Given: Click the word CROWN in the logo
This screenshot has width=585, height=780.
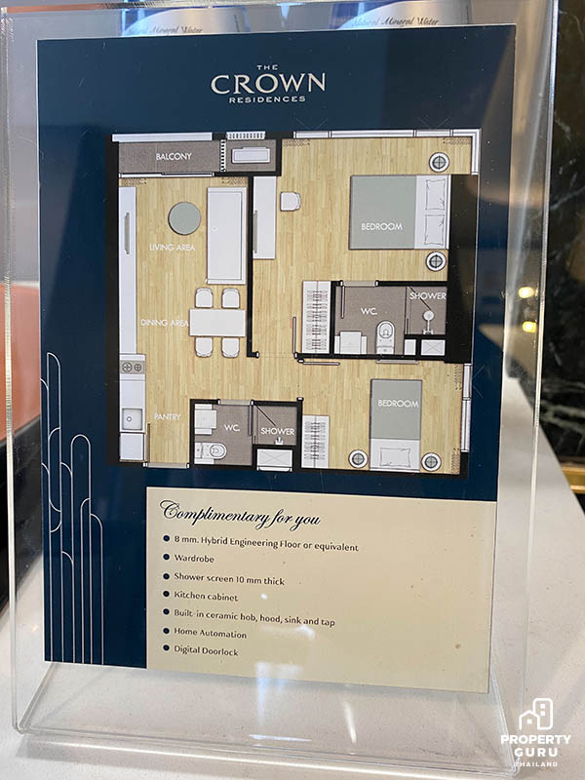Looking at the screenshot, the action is [x=268, y=84].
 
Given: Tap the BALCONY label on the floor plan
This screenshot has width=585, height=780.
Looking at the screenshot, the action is [x=174, y=156].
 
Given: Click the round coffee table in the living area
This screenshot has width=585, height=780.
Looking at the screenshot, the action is [x=184, y=217].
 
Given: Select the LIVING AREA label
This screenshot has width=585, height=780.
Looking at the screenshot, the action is [x=172, y=248].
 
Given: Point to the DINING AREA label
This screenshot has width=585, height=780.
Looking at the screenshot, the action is [x=164, y=323].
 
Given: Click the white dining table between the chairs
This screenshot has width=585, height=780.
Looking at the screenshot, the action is [x=217, y=323].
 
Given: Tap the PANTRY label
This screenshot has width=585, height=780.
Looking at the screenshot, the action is [x=167, y=417].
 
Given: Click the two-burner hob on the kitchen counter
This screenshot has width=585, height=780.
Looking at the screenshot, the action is [x=133, y=368].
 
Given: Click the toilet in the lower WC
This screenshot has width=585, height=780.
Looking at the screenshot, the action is [x=211, y=451].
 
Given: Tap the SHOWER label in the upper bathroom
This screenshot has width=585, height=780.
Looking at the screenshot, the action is [x=427, y=295].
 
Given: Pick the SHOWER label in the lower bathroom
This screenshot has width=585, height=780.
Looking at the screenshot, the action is [x=278, y=431].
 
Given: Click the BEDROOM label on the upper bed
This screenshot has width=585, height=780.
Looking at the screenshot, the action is [x=381, y=226].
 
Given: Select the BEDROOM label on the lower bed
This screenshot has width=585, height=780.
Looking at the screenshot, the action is [x=398, y=403].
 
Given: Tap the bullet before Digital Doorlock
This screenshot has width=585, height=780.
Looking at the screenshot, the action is [x=167, y=647].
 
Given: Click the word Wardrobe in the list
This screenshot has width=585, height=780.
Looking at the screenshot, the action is [x=194, y=559].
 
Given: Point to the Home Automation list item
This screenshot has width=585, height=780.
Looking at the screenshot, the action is [x=210, y=633].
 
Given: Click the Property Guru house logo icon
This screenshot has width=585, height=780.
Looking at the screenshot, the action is [x=535, y=715].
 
